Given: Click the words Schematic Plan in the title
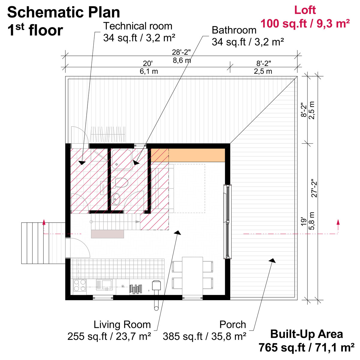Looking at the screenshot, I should (64, 13).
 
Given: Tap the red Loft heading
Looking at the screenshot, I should (305, 10).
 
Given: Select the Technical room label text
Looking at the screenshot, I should (138, 26).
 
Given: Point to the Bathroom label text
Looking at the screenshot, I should (234, 30).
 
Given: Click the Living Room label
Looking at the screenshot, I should (122, 324).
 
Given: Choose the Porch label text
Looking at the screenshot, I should (232, 324).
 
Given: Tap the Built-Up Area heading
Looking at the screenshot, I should (306, 334).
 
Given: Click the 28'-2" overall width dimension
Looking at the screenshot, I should (181, 52).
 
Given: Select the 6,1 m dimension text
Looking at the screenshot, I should (148, 71).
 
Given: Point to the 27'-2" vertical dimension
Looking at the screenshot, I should (314, 188).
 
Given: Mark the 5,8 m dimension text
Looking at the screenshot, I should (312, 221).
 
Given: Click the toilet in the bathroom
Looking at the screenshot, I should (121, 182).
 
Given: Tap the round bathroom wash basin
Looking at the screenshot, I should (116, 198).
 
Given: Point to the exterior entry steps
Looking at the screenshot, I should (43, 243).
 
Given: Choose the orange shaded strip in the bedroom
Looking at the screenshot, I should (188, 155).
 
